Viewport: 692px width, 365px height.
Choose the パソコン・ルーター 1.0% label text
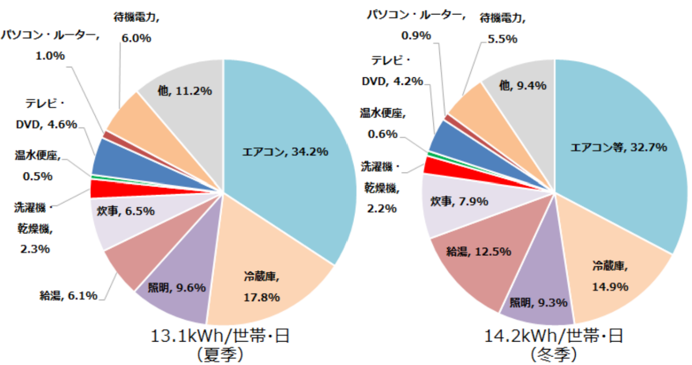(x=50, y=45)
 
